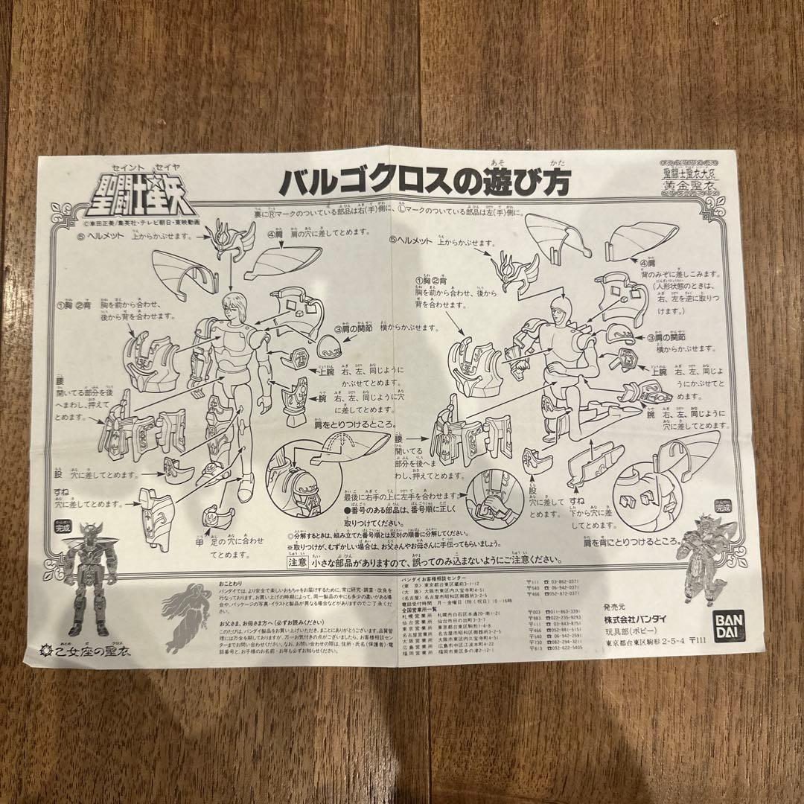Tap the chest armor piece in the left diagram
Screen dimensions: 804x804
[156, 357]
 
